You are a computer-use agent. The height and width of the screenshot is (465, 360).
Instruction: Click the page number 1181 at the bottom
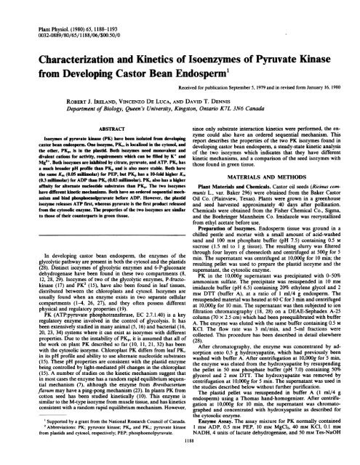180,450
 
